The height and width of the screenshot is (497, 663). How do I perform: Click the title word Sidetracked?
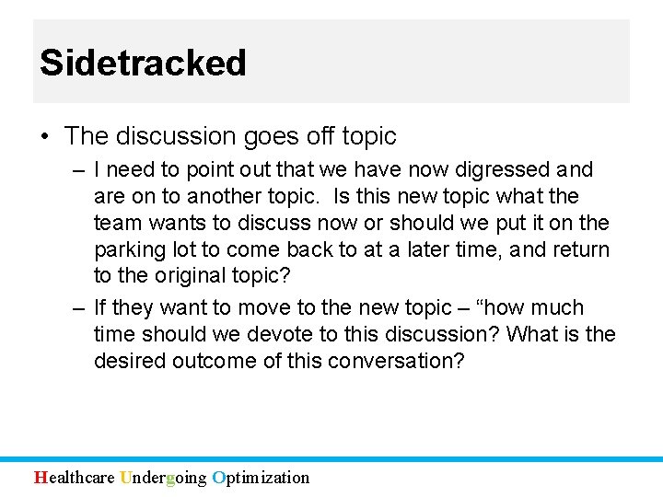pos(143,63)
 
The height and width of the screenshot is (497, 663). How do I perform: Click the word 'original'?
pos(201,276)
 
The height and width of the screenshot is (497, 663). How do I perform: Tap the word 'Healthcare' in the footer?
pos(75,478)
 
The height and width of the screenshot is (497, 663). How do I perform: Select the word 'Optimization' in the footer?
pos(261,478)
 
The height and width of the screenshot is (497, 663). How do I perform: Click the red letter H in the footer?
pos(40,478)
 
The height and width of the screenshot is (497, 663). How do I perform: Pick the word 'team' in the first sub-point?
pos(116,224)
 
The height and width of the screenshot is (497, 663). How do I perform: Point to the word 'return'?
pos(579,250)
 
